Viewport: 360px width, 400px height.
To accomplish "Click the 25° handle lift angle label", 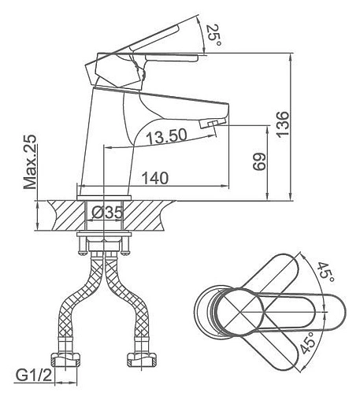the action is (x=213, y=35).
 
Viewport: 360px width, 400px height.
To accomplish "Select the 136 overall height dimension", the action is (x=283, y=124).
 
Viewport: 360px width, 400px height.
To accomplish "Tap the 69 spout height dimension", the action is (x=259, y=161).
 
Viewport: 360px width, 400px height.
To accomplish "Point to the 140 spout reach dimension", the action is (x=155, y=178).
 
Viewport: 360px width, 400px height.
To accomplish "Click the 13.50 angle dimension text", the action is (x=166, y=136).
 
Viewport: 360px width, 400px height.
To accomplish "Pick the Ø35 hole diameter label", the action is (x=107, y=213).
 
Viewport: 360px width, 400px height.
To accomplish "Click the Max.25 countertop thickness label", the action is (x=30, y=162).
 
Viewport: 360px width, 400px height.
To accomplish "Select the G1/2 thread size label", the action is (x=34, y=376).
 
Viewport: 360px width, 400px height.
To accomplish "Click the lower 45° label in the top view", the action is (x=307, y=343).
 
